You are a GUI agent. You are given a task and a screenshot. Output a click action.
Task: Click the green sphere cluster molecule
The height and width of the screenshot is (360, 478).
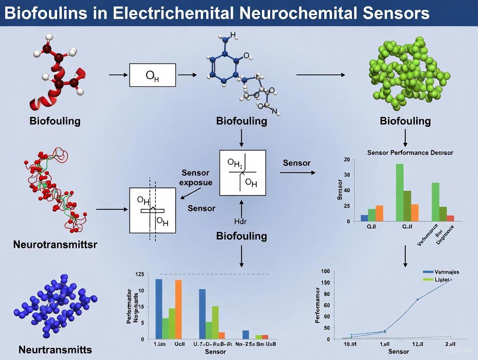pyautogui.click(x=405, y=71)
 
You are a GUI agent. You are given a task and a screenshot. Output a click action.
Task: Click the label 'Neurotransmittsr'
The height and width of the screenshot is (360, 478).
pyautogui.click(x=55, y=244)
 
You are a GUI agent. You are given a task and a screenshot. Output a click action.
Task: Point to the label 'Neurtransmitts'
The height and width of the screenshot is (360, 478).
pyautogui.click(x=55, y=350)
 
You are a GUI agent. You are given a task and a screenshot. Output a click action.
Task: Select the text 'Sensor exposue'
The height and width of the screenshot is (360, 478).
pyautogui.click(x=196, y=177)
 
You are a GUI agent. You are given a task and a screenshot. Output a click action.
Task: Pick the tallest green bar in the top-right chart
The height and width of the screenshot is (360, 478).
pyautogui.click(x=400, y=192)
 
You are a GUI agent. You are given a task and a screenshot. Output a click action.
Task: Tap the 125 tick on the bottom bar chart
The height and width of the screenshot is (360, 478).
pyautogui.click(x=139, y=274)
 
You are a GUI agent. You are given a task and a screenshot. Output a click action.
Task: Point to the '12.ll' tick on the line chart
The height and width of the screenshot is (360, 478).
pyautogui.click(x=418, y=344)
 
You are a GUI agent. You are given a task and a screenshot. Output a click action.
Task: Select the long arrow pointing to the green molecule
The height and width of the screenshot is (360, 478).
pyautogui.click(x=320, y=75)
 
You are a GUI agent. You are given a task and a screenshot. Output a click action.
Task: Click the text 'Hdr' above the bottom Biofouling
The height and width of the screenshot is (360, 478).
pyautogui.click(x=240, y=222)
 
